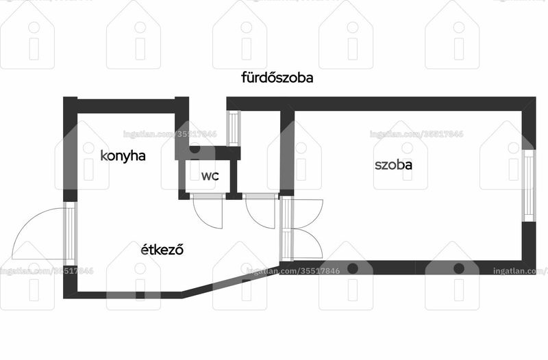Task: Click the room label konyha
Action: [x=123, y=156]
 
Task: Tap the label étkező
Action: [x=162, y=249]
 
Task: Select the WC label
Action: [x=210, y=176]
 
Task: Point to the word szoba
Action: [x=393, y=164]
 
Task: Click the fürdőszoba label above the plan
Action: [x=277, y=77]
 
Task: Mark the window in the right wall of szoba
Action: [x=529, y=185]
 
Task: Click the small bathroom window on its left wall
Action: [x=234, y=128]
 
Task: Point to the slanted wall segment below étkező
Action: [x=231, y=283]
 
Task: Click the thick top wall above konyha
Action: [x=126, y=106]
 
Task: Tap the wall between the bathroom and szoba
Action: [x=287, y=153]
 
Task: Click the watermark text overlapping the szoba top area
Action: [x=416, y=134]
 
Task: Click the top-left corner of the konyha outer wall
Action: [x=63, y=97]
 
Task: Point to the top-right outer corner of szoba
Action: [x=536, y=97]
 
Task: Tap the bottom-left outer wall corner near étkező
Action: [x=63, y=298]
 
